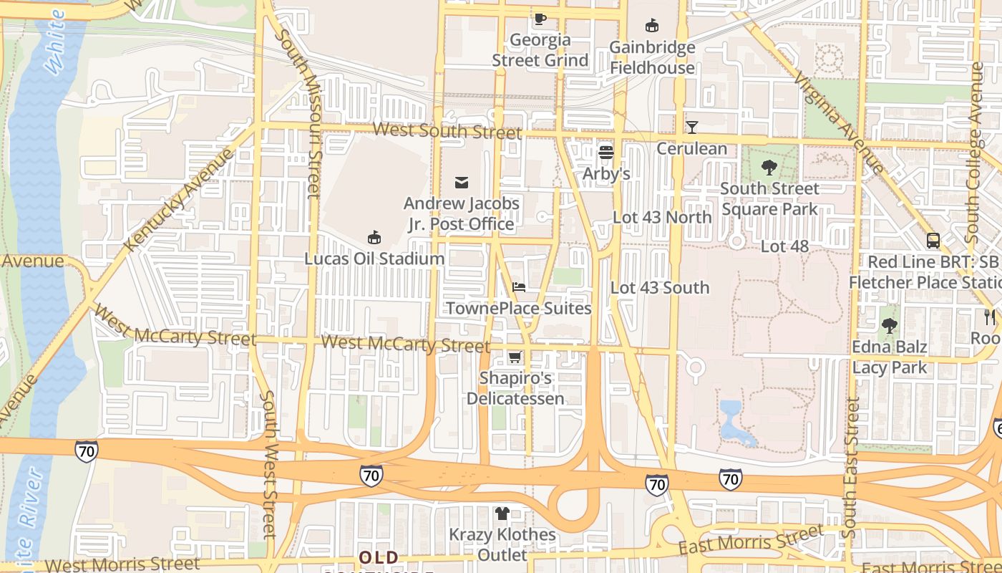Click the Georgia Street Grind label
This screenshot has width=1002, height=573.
pyautogui.click(x=540, y=50)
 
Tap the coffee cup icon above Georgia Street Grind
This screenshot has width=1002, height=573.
pyautogui.click(x=540, y=19)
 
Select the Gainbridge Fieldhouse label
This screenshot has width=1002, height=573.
pyautogui.click(x=652, y=57)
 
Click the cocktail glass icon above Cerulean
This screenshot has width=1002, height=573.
pyautogui.click(x=691, y=127)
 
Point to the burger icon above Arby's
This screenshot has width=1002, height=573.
pyautogui.click(x=606, y=152)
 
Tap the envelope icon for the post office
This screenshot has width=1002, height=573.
pyautogui.click(x=462, y=183)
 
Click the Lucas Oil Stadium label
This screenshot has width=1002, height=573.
pyautogui.click(x=374, y=259)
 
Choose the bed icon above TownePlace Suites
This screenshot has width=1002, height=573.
pyautogui.click(x=519, y=287)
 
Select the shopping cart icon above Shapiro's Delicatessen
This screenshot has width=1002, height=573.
pyautogui.click(x=515, y=357)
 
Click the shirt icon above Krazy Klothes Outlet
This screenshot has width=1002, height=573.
pyautogui.click(x=502, y=513)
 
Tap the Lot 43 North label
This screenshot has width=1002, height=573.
pyautogui.click(x=662, y=218)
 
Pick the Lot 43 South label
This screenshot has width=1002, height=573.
pyautogui.click(x=660, y=288)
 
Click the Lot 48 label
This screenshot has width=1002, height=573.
pyautogui.click(x=784, y=246)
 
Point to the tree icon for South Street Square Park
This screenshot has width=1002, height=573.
pyautogui.click(x=769, y=168)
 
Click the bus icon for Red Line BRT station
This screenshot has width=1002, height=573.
pyautogui.click(x=933, y=241)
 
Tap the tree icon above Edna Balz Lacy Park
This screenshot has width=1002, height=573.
pyautogui.click(x=889, y=327)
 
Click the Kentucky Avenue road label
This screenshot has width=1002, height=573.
pyautogui.click(x=179, y=200)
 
